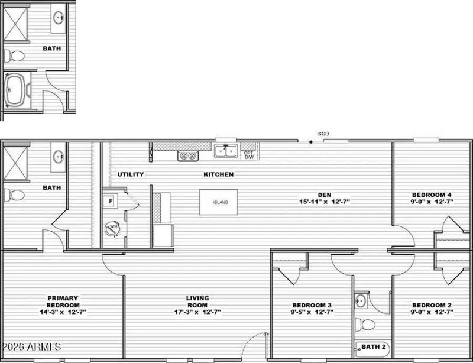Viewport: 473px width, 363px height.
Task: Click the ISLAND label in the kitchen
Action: click(221, 202)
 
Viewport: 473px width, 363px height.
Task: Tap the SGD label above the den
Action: click(323, 134)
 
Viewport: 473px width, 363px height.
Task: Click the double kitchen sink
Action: click(226, 151)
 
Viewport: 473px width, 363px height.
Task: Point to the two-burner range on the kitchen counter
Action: click(187, 156)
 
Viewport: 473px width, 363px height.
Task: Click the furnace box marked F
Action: click(110, 201)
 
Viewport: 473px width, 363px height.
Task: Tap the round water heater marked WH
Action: click(112, 229)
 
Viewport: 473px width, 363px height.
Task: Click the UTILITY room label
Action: click(131, 174)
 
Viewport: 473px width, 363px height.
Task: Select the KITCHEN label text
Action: click(218, 174)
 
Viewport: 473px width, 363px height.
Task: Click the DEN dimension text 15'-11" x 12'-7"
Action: click(325, 202)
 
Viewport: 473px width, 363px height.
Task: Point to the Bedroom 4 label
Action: click(432, 195)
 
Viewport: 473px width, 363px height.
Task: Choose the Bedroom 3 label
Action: click(312, 305)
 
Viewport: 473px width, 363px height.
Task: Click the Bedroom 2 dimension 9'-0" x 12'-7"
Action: click(432, 312)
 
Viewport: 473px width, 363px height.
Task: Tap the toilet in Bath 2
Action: click(365, 325)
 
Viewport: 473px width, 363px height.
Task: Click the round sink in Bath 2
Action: click(361, 300)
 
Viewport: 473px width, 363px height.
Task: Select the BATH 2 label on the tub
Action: click(374, 346)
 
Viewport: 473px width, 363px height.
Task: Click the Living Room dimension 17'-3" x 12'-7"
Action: click(197, 312)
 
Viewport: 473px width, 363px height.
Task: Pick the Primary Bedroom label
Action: click(63, 302)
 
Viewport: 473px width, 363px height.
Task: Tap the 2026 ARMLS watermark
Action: click(31, 346)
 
